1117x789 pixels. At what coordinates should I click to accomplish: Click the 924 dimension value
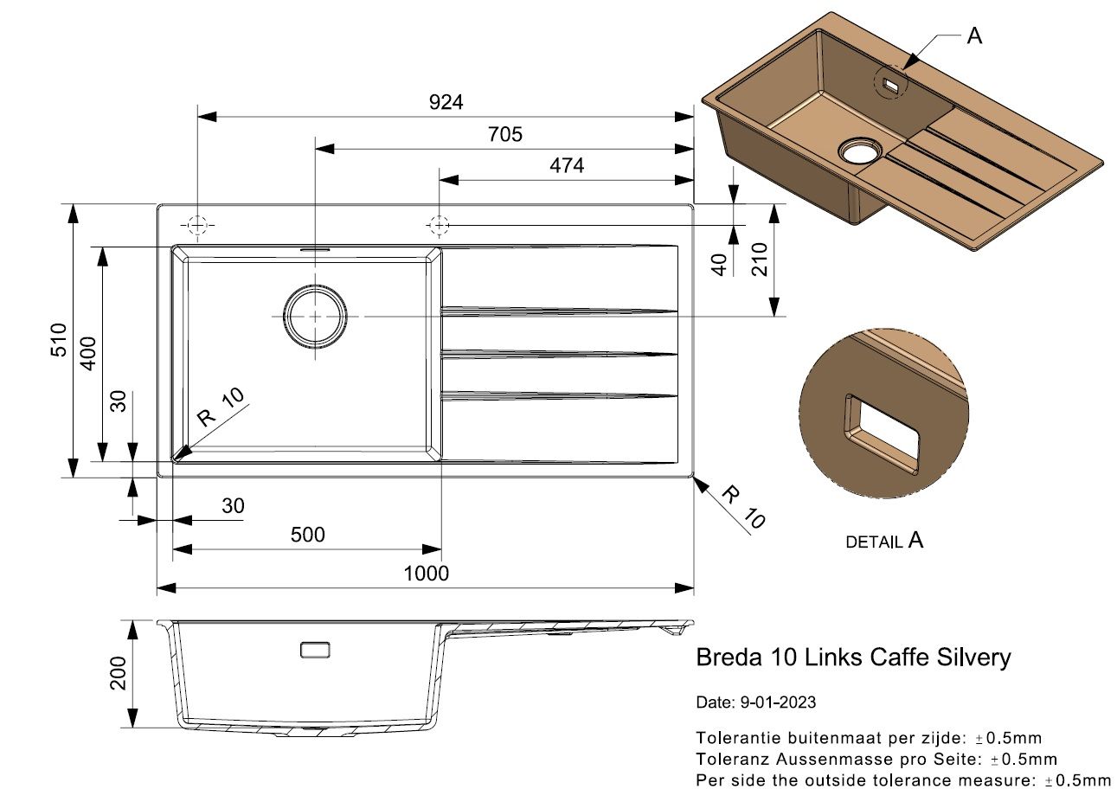point(446,102)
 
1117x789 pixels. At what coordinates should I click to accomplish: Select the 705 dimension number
point(504,134)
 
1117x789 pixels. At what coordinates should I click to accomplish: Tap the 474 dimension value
point(567,165)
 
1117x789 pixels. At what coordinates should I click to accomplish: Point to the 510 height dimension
point(59,340)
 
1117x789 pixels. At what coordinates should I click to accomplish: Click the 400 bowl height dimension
point(88,354)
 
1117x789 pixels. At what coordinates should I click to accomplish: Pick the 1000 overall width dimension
point(426,574)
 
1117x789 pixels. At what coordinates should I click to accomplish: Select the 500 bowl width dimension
point(308,535)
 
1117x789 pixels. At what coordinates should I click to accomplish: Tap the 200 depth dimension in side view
point(119,673)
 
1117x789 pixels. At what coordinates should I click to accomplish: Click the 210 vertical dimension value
point(760,260)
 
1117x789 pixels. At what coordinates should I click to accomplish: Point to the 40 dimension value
point(719,265)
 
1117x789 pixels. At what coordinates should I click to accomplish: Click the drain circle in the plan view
point(315,316)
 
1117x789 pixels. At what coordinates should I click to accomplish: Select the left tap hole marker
point(197,226)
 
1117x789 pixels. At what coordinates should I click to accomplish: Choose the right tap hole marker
point(439,226)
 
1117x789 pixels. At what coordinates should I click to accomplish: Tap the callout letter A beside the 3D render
point(974,36)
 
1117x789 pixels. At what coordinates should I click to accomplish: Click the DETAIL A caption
point(884,540)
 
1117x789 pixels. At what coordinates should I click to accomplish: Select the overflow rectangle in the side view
point(315,651)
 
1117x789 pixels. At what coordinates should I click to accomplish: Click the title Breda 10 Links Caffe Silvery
point(853,657)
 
